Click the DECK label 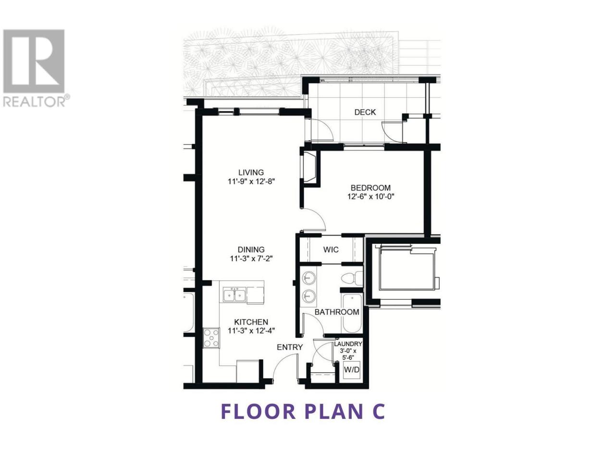365,112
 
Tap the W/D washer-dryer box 352,370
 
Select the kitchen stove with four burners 211,338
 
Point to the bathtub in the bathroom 352,313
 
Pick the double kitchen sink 234,295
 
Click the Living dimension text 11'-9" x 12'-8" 251,182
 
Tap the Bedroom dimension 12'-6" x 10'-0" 370,196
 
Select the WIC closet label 331,249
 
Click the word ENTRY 290,347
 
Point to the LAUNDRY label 348,344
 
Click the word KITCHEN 251,322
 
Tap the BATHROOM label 337,312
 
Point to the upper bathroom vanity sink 309,278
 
